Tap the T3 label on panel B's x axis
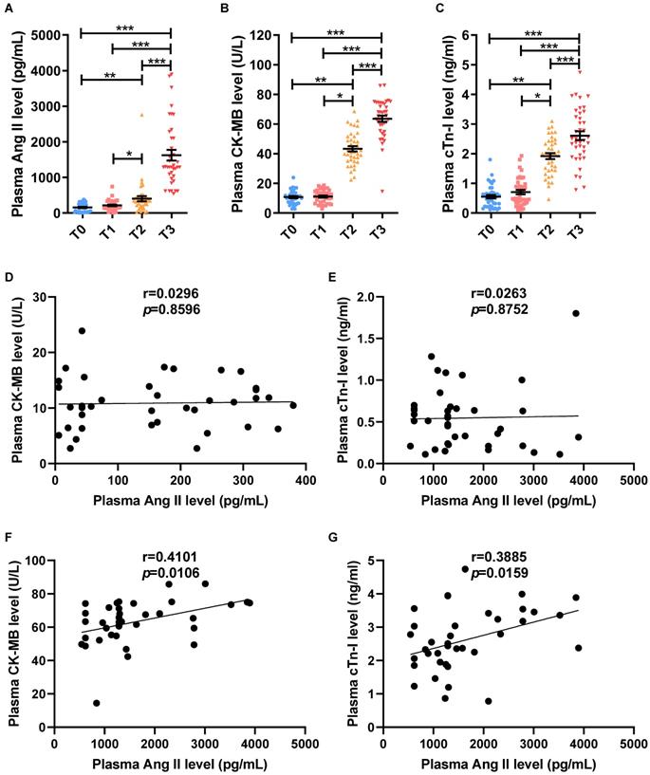[x=381, y=229]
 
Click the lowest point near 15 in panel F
[x=97, y=703]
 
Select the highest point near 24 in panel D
[x=83, y=331]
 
